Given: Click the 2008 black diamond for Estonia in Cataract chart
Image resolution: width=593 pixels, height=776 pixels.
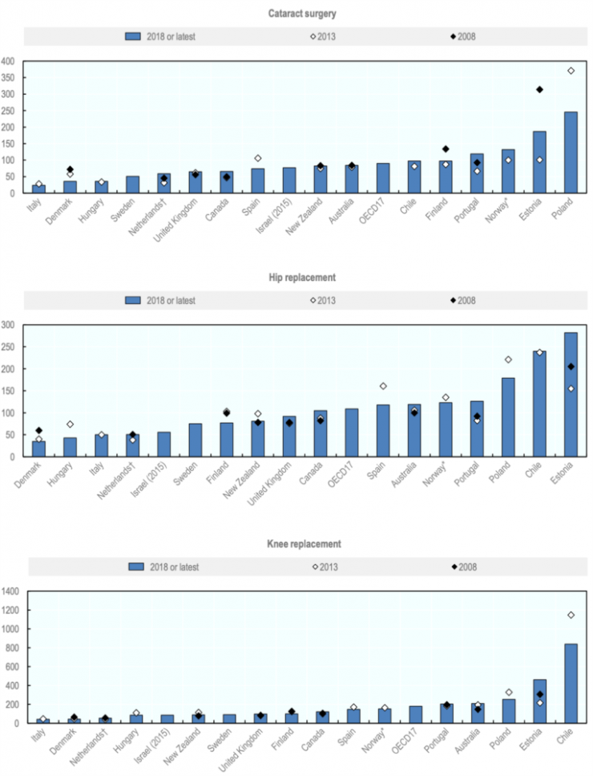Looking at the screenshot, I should click(x=539, y=89).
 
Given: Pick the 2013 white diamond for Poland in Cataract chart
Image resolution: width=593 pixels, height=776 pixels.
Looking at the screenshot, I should click(x=571, y=71).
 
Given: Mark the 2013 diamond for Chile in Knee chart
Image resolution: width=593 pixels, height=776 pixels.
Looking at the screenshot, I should click(x=571, y=615).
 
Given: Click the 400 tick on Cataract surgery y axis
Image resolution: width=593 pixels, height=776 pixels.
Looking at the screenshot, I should click(x=8, y=61).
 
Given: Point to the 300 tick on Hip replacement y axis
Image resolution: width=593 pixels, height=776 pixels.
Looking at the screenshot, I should click(x=8, y=325).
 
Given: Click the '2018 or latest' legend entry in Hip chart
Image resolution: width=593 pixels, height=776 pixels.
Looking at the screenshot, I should click(x=160, y=301).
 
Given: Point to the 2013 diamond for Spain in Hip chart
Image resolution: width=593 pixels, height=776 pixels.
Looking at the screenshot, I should click(x=382, y=386).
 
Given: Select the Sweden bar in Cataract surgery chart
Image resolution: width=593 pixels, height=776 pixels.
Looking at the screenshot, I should click(x=132, y=185).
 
